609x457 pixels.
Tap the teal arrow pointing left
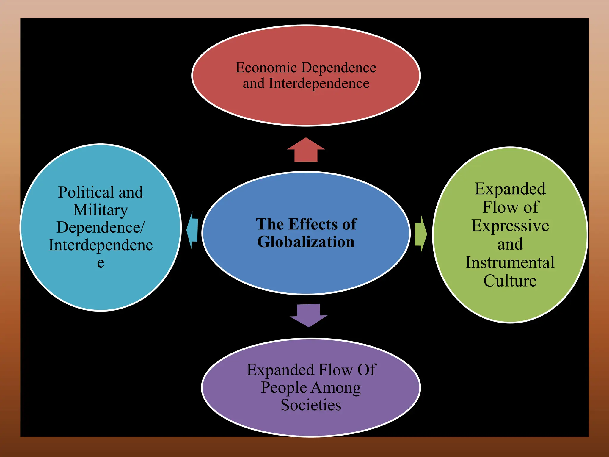192,230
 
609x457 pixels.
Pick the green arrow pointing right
420,234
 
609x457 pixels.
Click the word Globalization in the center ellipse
306,242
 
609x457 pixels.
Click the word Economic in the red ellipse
266,68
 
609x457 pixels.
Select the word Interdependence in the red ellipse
319,83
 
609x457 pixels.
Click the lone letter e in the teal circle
101,263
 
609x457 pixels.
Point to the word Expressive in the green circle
510,226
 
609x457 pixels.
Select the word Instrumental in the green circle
510,262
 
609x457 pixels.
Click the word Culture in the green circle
510,281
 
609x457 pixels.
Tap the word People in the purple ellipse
284,388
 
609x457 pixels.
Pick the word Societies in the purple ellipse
311,405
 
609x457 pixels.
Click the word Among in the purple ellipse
336,388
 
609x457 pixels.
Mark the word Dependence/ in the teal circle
101,228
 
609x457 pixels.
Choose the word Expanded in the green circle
510,189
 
